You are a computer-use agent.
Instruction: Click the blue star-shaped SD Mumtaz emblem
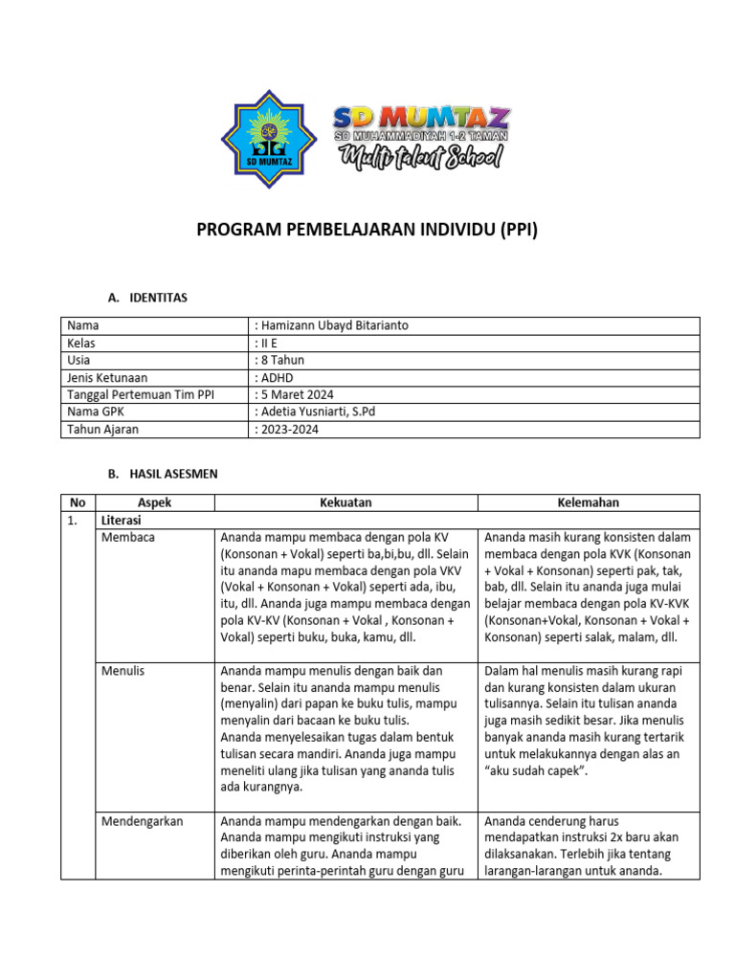pos(262,135)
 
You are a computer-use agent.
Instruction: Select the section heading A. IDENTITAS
pos(147,298)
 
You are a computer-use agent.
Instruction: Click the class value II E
pos(267,343)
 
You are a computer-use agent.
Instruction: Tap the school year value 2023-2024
pos(287,429)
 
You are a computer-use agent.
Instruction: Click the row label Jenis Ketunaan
pos(107,377)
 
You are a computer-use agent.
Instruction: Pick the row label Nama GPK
pos(97,412)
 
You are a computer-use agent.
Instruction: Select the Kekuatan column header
pos(345,502)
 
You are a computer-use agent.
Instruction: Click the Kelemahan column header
pos(588,502)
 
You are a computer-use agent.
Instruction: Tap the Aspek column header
pos(154,502)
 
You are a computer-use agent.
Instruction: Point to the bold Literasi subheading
pos(122,520)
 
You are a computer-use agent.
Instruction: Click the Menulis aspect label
pos(123,671)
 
